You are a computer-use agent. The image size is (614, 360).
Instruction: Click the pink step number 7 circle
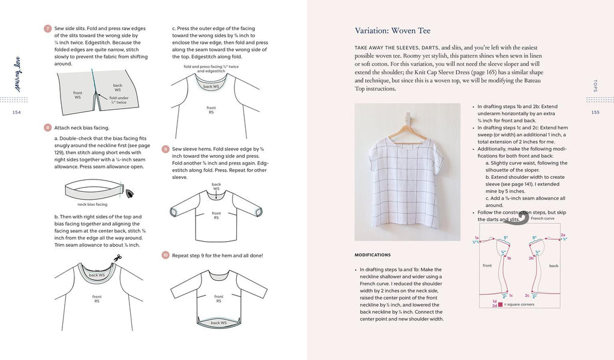47,28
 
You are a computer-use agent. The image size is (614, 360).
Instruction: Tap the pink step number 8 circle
47,127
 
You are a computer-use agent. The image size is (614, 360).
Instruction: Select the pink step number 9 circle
165,148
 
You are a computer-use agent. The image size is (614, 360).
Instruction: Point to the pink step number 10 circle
165,255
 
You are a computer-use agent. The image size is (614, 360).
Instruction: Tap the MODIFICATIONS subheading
372,255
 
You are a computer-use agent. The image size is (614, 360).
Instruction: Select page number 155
595,112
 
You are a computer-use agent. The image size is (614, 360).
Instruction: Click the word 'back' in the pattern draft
553,265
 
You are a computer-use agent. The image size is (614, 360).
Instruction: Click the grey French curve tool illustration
523,218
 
